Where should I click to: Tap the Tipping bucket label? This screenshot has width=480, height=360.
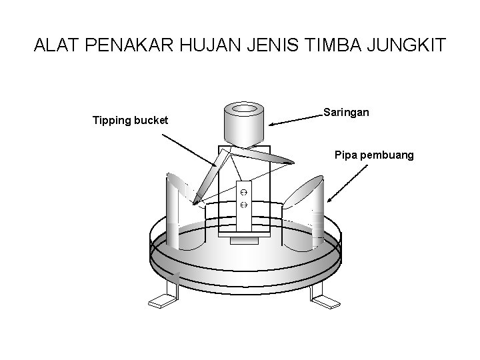click(x=130, y=121)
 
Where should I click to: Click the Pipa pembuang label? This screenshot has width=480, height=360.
click(x=374, y=155)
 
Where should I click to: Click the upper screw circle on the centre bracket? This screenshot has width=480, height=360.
click(x=243, y=191)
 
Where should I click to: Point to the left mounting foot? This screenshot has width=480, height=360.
click(x=163, y=299)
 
